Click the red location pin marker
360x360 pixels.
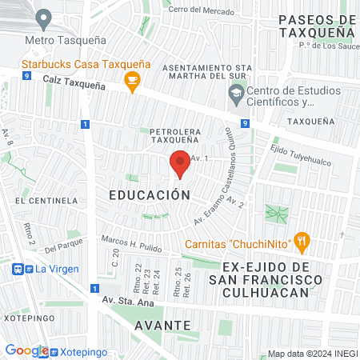(x=180, y=164)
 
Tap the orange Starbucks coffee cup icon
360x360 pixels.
(x=132, y=78)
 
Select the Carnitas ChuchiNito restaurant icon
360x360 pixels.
(x=301, y=239)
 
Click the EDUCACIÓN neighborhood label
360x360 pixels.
(x=149, y=194)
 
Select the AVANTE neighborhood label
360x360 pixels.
(x=162, y=325)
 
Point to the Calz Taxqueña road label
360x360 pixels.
(x=75, y=82)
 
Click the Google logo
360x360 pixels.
(x=26, y=350)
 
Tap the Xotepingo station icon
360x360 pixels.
(x=54, y=351)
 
